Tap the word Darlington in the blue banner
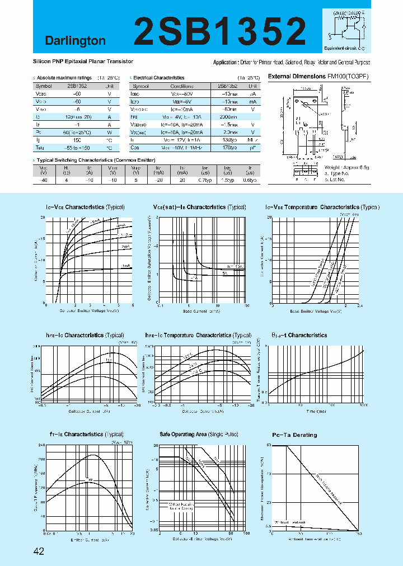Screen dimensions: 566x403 point(75,41)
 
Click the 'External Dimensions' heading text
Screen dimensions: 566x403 point(297,76)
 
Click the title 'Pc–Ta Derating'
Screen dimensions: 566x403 point(294,435)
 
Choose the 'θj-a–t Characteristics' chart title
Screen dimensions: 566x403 point(299,335)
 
